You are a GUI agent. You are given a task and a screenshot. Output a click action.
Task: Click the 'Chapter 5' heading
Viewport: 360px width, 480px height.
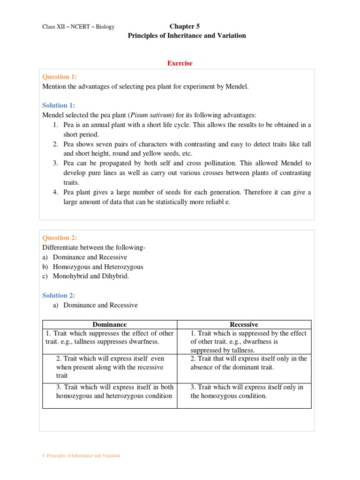click(187, 26)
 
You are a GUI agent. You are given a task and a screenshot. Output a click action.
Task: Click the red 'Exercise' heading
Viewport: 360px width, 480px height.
click(180, 63)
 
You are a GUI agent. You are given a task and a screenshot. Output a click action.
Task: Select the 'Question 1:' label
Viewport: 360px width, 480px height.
click(60, 77)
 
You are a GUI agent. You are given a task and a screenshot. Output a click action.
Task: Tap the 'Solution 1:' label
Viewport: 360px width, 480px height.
click(59, 105)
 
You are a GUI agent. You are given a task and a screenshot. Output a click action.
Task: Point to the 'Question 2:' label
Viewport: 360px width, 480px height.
click(60, 238)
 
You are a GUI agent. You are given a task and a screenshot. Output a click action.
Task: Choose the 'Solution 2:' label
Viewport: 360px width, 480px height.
click(59, 295)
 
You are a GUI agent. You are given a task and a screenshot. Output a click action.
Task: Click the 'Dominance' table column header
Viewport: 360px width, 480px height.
click(109, 324)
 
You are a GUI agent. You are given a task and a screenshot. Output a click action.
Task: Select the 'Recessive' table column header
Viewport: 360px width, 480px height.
click(244, 324)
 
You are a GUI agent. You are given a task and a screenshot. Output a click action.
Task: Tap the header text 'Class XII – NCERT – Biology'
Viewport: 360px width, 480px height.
click(78, 27)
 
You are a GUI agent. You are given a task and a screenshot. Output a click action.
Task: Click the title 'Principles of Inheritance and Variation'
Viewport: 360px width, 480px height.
click(187, 36)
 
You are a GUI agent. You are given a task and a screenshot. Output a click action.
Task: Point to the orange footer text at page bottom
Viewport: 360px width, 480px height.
click(81, 456)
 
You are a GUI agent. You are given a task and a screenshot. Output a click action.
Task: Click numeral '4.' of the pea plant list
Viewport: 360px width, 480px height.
click(55, 193)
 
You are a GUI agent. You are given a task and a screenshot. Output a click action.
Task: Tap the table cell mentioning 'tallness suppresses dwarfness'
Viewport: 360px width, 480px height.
click(109, 337)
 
